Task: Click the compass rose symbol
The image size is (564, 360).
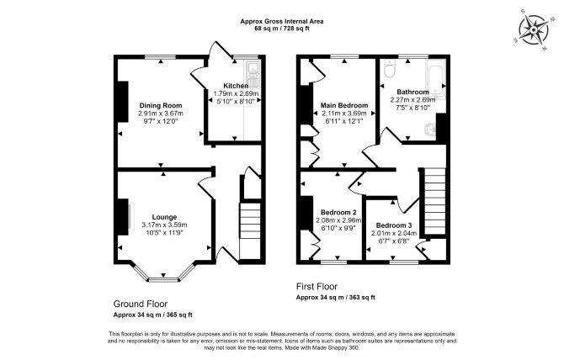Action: tap(534, 29)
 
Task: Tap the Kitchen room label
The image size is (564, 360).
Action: tap(236, 86)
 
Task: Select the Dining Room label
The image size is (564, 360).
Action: tap(161, 106)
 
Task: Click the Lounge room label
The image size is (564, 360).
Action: tap(164, 217)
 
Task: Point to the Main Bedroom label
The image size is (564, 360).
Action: tap(344, 106)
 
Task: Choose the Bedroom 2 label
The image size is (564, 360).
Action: tap(338, 212)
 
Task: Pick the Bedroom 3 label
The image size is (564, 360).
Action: tap(394, 225)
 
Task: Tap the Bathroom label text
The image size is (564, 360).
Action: tap(412, 92)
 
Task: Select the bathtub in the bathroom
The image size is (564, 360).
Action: tap(435, 79)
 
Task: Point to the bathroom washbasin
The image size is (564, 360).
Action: tap(430, 130)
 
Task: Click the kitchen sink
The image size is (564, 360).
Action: tap(253, 74)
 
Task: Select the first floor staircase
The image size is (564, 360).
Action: tap(435, 202)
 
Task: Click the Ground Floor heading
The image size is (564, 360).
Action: tap(141, 304)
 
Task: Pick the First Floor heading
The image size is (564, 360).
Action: tap(317, 286)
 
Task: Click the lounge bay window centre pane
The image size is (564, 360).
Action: tap(163, 279)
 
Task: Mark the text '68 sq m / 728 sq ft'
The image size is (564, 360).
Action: tap(282, 29)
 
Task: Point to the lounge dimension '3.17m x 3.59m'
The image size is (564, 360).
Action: tap(164, 225)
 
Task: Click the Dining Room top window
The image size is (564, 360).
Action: tap(161, 56)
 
